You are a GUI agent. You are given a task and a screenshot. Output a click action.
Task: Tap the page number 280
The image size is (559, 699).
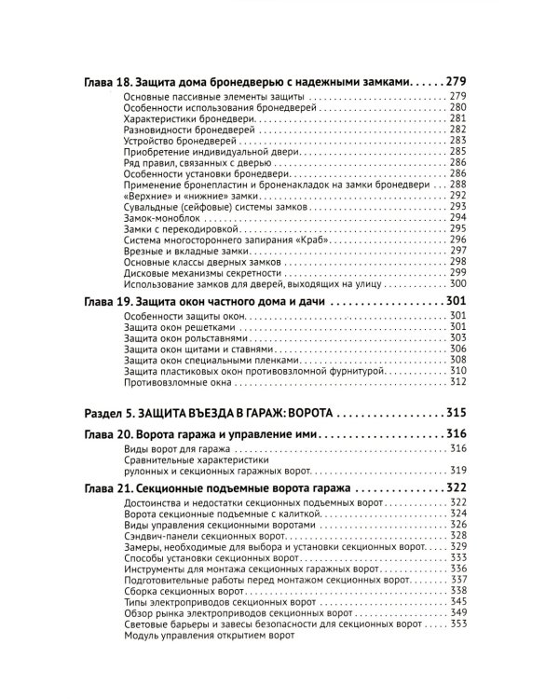457,109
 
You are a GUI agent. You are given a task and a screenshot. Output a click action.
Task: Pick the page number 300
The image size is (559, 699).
457,284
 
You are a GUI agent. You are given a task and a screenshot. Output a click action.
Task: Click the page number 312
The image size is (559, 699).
457,381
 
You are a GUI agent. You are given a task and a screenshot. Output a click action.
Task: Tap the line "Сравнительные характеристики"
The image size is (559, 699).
194,460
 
